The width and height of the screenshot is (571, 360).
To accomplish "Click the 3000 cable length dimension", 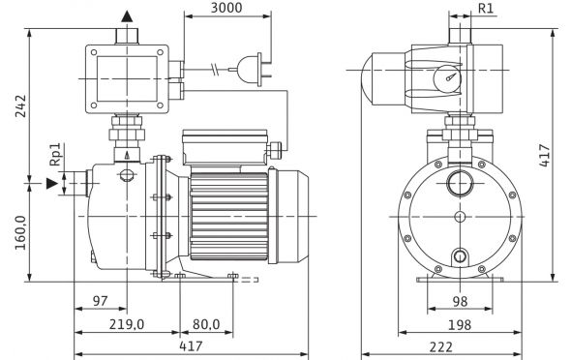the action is tap(226, 8).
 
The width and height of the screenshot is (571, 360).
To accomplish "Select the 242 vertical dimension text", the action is tap(20, 105).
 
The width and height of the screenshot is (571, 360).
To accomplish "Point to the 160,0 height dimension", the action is tap(20, 232).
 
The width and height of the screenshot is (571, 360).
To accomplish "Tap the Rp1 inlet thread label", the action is tap(55, 154).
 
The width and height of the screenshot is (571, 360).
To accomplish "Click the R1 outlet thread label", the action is tap(486, 8).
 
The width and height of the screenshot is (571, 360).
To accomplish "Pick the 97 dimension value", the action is tap(100, 301).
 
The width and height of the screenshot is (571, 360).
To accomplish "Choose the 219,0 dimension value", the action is tap(127, 324).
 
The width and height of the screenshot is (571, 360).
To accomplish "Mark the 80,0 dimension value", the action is tap(206, 324).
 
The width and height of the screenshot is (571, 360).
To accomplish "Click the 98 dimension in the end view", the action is tap(460, 301).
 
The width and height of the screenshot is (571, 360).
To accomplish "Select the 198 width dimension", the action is tap(460, 325).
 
